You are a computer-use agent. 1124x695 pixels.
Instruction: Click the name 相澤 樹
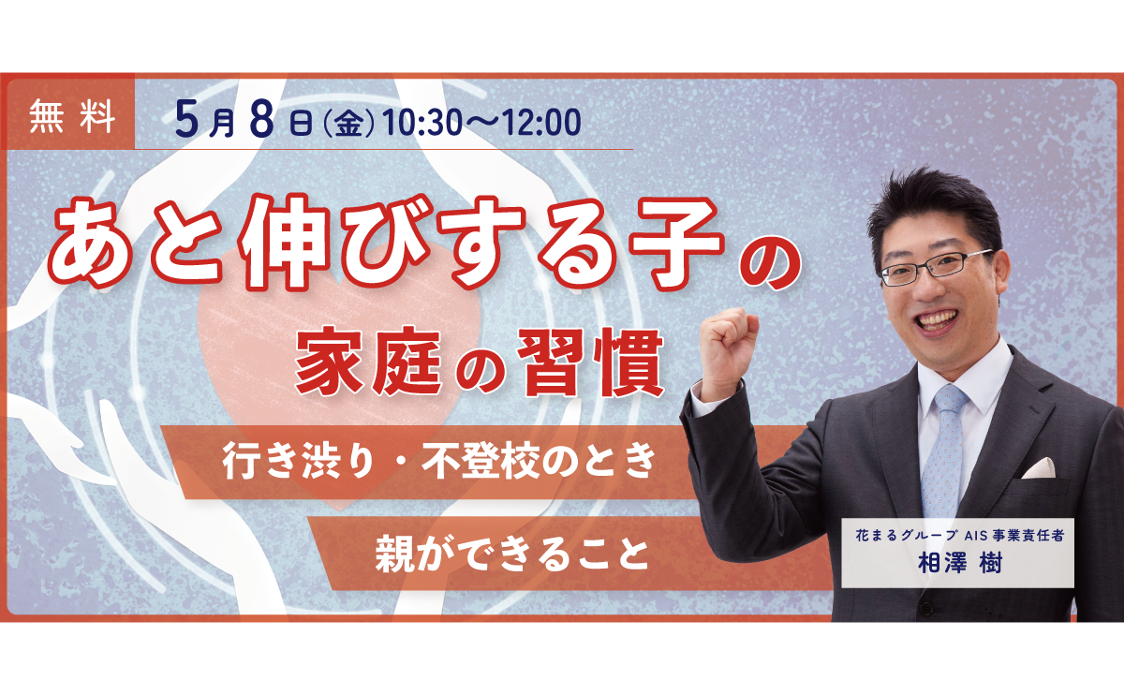(x=956, y=566)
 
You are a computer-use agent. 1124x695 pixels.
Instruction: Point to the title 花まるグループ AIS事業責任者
(x=956, y=537)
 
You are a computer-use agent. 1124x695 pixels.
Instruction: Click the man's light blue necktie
(x=942, y=450)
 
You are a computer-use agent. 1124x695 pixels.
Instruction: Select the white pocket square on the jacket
(x=1039, y=467)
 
